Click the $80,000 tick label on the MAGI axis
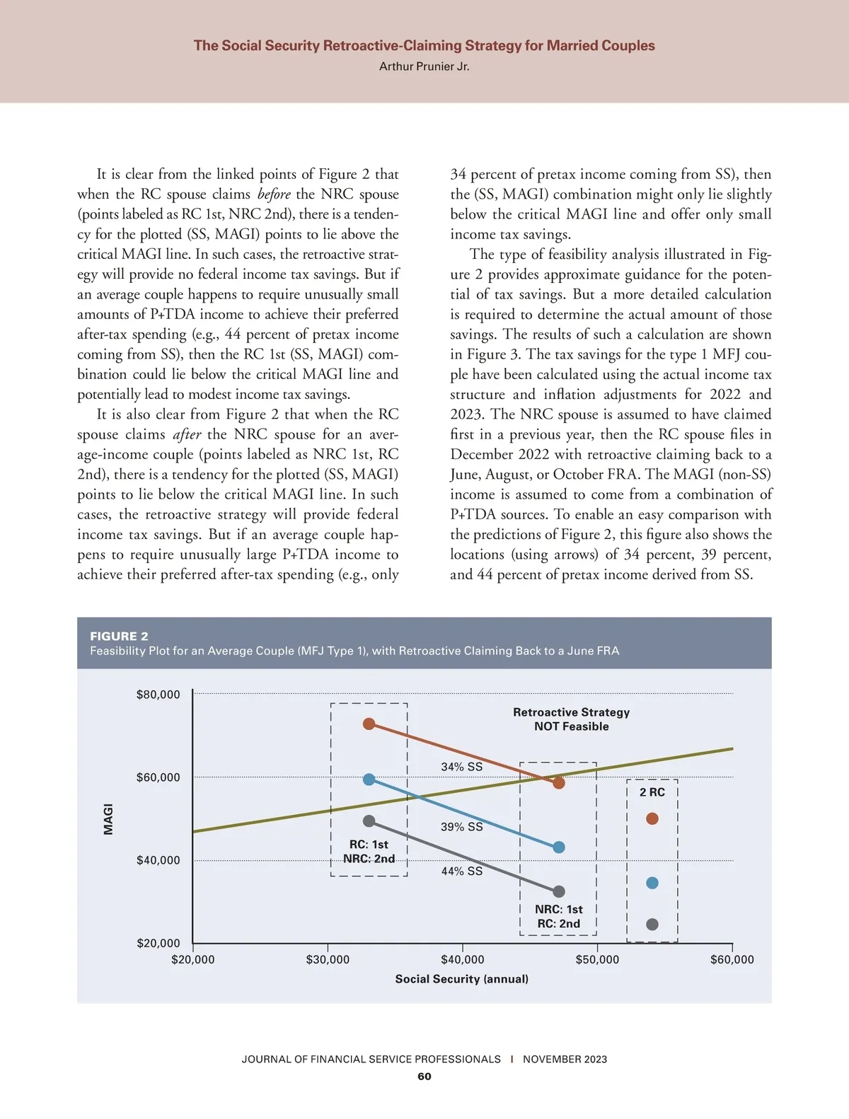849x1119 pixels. pyautogui.click(x=158, y=695)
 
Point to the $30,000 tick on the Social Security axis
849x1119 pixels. pyautogui.click(x=328, y=959)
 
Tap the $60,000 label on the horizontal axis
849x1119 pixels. pyautogui.click(x=732, y=959)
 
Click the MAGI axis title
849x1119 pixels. pyautogui.click(x=108, y=818)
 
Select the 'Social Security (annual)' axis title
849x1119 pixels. pyautogui.click(x=461, y=979)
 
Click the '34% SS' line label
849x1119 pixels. pyautogui.click(x=461, y=767)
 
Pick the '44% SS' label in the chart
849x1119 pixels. pyautogui.click(x=461, y=871)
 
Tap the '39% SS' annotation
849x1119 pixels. pyautogui.click(x=461, y=827)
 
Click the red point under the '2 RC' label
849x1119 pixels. pyautogui.click(x=652, y=818)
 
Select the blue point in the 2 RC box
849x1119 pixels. pyautogui.click(x=652, y=883)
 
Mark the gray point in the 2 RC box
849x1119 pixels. pyautogui.click(x=652, y=924)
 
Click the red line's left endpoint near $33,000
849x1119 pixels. pyautogui.click(x=369, y=724)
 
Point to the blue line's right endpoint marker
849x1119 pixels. pyautogui.click(x=559, y=847)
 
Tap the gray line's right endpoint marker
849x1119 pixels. pyautogui.click(x=559, y=892)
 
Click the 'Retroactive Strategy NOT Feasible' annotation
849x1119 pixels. pyautogui.click(x=571, y=719)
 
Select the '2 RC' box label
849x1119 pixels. pyautogui.click(x=652, y=792)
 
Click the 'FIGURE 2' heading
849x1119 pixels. pyautogui.click(x=119, y=636)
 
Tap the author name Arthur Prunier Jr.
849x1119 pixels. pyautogui.click(x=424, y=66)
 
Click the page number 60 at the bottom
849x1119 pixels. pyautogui.click(x=424, y=1077)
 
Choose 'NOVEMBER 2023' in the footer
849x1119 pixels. pyautogui.click(x=565, y=1059)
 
